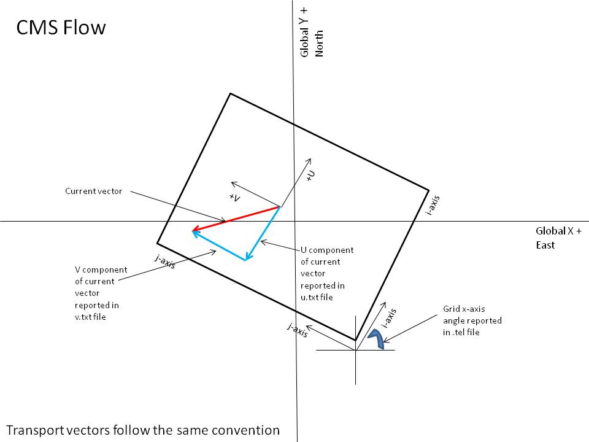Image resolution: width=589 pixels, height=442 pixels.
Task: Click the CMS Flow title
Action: click(61, 28)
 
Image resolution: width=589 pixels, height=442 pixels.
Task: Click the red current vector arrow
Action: click(236, 219)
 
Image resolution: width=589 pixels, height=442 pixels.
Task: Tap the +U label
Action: click(311, 176)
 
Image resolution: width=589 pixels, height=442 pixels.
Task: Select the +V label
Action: click(234, 197)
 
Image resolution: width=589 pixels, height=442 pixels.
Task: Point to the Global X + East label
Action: click(558, 238)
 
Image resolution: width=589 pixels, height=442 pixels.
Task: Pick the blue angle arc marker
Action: click(377, 338)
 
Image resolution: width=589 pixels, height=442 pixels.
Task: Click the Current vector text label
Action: click(93, 191)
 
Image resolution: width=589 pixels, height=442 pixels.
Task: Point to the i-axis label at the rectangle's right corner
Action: click(433, 205)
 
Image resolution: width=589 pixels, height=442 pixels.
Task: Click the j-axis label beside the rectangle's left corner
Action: click(165, 262)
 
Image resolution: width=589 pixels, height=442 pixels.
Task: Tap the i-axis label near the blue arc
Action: click(389, 318)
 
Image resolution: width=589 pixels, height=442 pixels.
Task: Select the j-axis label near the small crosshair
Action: click(298, 330)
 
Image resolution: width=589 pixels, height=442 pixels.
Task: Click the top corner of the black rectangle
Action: click(230, 93)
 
